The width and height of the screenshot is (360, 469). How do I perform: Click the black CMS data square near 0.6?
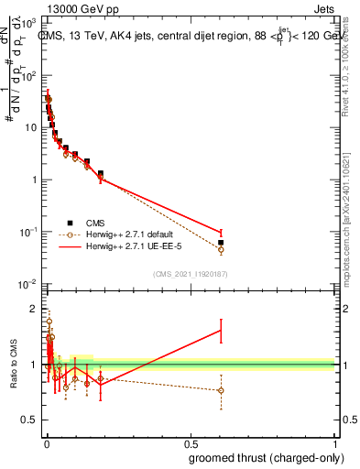[x=221, y=243]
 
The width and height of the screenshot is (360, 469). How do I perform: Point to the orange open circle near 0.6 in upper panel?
[x=221, y=249]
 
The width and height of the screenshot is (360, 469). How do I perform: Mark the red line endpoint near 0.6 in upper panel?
[x=221, y=233]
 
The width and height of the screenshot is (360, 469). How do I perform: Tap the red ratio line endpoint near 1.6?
[x=221, y=330]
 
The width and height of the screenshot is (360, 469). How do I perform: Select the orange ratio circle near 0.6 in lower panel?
[x=221, y=390]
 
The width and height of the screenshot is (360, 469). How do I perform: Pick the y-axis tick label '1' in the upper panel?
[x=35, y=180]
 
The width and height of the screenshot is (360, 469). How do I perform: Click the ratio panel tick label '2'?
[x=35, y=307]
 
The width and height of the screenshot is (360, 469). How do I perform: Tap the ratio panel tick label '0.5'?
[x=31, y=422]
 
